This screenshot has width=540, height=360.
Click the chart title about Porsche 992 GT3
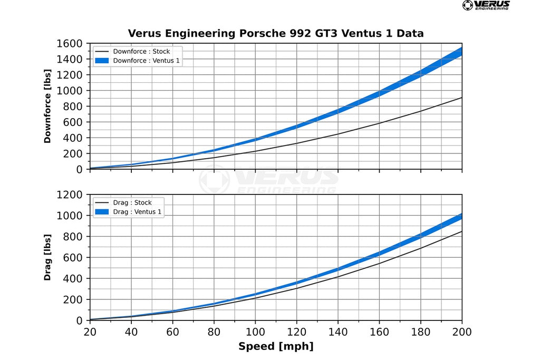pos(275,34)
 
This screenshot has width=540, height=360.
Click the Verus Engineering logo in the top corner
pos(486,5)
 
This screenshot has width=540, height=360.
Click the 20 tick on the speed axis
pos(90,332)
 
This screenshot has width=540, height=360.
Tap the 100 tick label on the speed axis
pos(255,332)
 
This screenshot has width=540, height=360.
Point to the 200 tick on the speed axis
pos(462,332)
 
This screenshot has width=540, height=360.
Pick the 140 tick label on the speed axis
pos(338,332)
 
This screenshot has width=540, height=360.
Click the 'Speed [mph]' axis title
pos(275,346)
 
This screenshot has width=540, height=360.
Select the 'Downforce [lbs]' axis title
pos(47,106)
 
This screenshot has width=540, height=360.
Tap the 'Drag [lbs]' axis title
pos(47,257)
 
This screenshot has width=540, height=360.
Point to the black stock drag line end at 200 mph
pos(461,231)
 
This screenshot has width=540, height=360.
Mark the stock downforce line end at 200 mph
pos(461,98)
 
